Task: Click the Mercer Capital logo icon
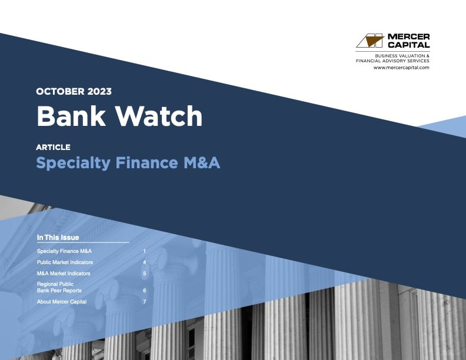(370, 41)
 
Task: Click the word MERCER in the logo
(408, 37)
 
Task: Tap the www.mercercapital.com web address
(401, 68)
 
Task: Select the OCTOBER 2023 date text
(74, 91)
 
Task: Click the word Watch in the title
(158, 116)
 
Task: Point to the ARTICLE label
(53, 147)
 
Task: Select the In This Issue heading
(58, 238)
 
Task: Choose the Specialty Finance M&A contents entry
(64, 251)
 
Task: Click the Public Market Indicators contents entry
(65, 262)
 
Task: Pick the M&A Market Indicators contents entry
(64, 274)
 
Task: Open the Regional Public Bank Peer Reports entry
(59, 287)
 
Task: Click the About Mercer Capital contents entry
(61, 302)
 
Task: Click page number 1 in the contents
(144, 251)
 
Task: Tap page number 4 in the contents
(144, 262)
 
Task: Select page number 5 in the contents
(144, 274)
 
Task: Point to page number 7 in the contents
(144, 302)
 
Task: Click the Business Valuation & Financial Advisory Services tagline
(393, 58)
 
